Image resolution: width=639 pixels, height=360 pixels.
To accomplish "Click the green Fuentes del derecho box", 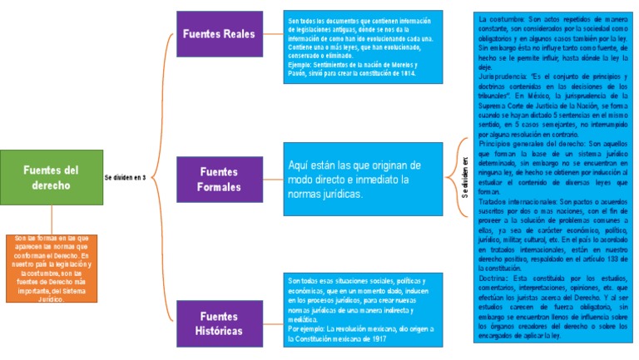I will [50, 177].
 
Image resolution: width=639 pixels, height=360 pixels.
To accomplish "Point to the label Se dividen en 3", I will [126, 178].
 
